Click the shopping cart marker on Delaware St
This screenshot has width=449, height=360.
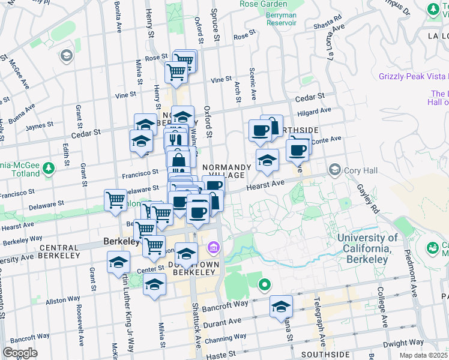[115, 200]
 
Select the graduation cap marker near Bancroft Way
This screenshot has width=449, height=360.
[281, 307]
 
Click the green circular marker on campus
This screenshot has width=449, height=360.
[264, 284]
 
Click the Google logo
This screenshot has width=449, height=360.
[20, 353]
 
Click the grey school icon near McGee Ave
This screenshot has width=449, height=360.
[66, 56]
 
